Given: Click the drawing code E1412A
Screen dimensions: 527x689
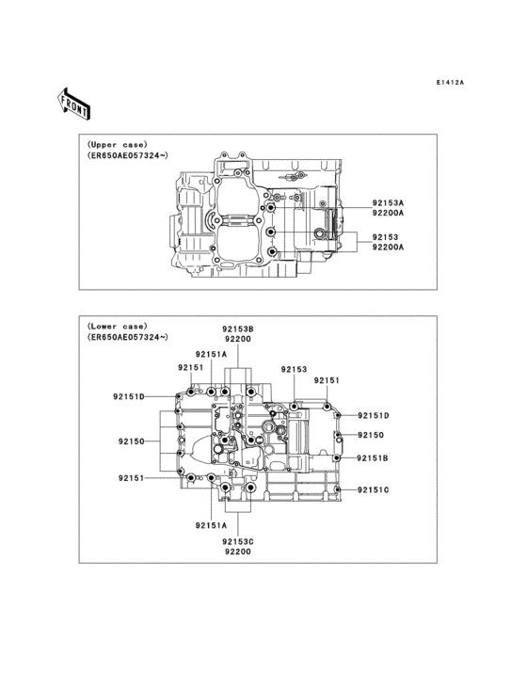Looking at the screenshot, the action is tap(450, 82).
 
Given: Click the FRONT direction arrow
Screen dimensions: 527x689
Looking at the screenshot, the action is tap(73, 104).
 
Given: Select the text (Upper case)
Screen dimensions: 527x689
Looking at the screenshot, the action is tap(118, 145).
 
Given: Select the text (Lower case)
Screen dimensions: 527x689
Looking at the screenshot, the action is tap(118, 327).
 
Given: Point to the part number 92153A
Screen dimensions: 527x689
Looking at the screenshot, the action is tap(388, 203).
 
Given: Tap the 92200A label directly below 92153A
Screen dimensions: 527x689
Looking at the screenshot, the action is tap(388, 213).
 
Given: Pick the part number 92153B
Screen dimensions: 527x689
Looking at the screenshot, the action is tap(237, 328).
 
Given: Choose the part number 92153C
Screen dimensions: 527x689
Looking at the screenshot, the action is tap(237, 542).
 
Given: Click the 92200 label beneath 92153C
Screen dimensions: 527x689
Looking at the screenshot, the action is tap(237, 552).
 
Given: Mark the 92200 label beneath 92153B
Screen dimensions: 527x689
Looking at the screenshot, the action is tap(237, 339).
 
